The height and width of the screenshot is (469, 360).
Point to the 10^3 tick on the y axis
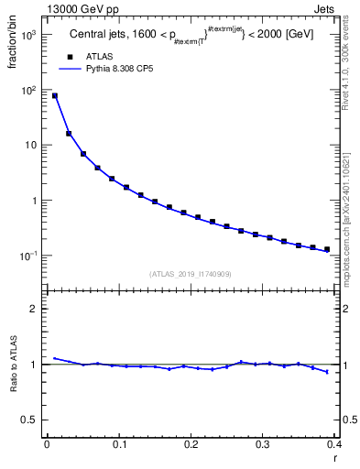point(29,35)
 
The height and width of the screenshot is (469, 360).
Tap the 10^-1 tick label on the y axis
point(29,255)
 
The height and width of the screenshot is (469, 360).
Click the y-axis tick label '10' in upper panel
point(31,146)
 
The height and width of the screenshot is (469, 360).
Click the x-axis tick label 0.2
point(191,444)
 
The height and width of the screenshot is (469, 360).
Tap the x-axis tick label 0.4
point(333,444)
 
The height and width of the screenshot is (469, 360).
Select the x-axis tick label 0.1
point(119,444)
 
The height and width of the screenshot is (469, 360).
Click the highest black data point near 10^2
point(54,95)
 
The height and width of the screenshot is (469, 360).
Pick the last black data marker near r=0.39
point(327,249)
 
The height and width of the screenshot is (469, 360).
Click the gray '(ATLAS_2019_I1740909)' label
point(191,274)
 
